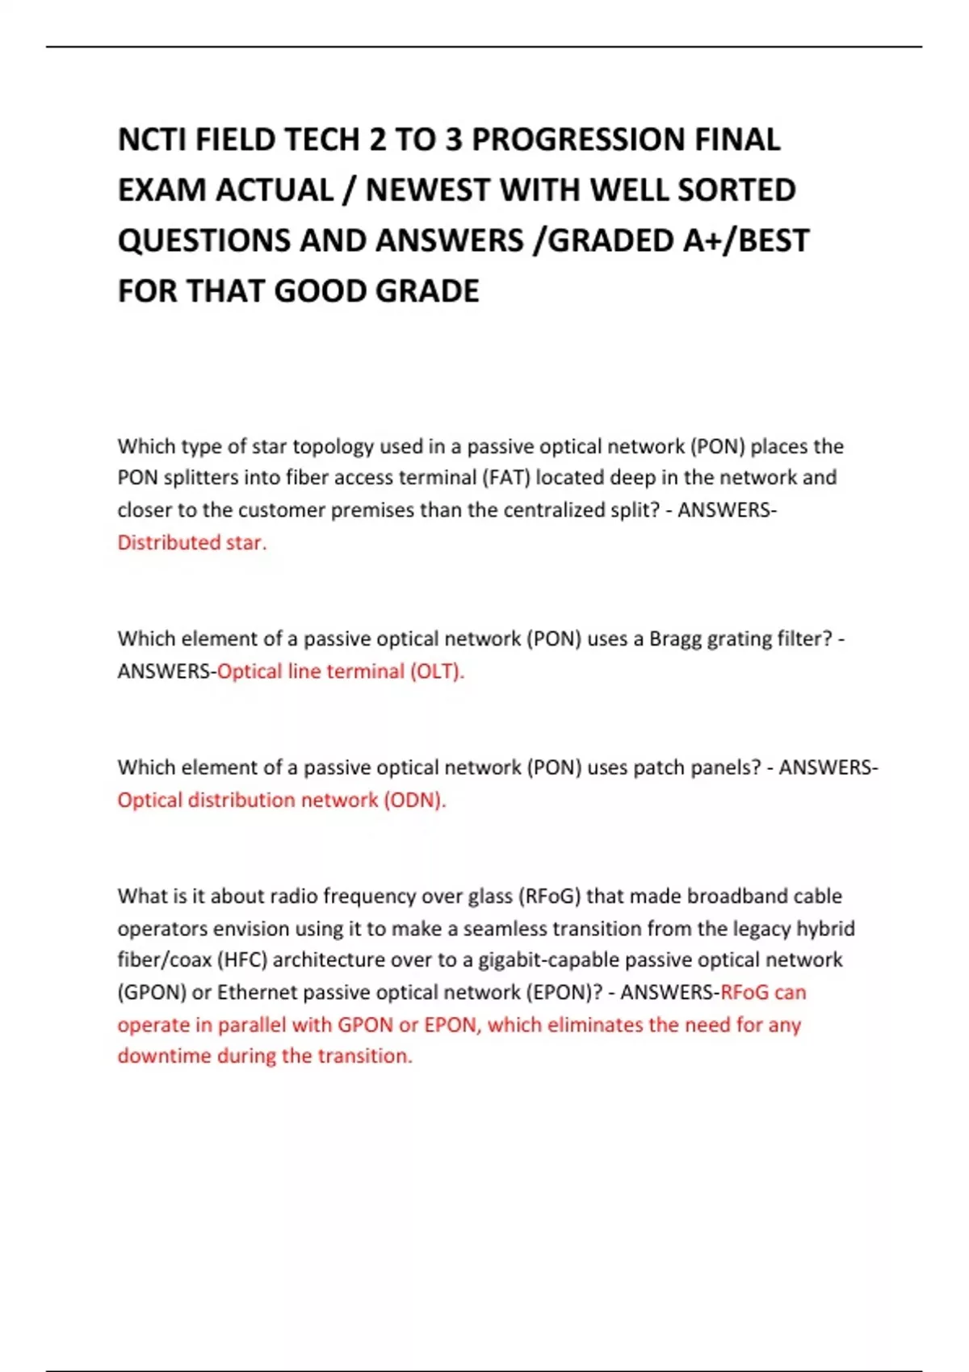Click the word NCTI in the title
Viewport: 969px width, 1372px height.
point(153,140)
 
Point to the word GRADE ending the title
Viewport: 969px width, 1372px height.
point(427,291)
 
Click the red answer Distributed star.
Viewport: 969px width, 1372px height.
point(191,542)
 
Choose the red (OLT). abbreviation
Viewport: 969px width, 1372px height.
point(437,671)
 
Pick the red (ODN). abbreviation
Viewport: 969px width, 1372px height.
point(415,800)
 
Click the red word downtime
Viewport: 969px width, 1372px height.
point(164,1056)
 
